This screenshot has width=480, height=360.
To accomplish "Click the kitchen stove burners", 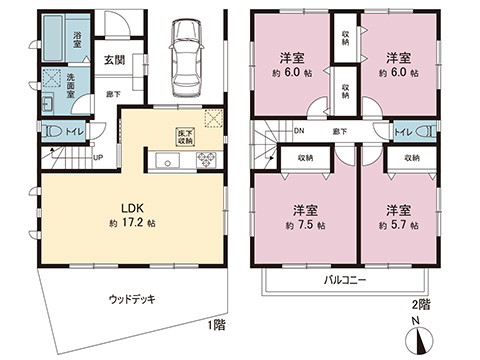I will point(207,159).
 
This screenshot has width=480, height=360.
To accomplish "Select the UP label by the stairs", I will point(97,157).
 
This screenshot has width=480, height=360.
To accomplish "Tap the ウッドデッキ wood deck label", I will point(131,298).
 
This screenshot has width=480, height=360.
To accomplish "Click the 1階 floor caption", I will point(216,324).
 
